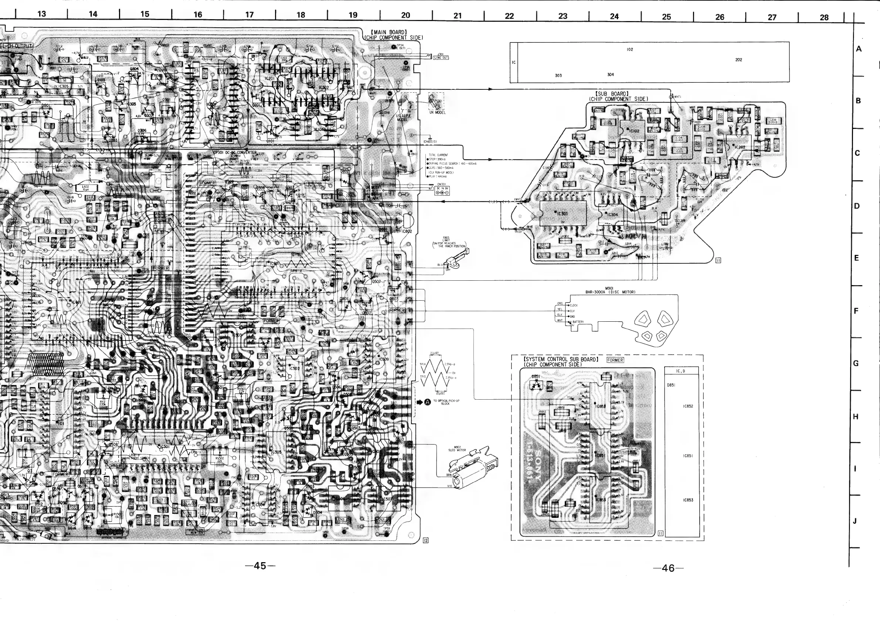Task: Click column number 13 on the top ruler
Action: tap(41, 14)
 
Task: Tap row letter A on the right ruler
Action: tap(859, 49)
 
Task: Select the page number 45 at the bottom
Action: tap(260, 566)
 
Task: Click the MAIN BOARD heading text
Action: tap(389, 32)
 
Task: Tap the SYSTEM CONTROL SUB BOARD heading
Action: tap(560, 359)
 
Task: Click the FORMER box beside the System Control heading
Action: tap(615, 360)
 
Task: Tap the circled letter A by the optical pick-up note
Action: tap(427, 402)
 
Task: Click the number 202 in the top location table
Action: tap(738, 60)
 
